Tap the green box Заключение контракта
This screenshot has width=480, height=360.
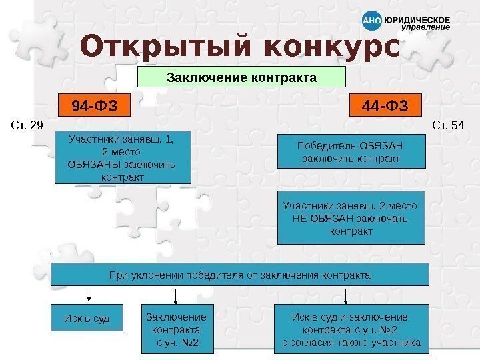pos(241,77)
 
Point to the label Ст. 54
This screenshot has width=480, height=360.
pos(448,125)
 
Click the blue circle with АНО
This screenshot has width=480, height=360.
pos(371,21)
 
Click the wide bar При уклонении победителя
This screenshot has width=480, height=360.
pos(240,274)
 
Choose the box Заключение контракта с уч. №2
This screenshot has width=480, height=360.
pos(176,328)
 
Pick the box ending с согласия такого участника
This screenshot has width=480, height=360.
pos(351,328)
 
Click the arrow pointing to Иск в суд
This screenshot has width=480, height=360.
pos(88,295)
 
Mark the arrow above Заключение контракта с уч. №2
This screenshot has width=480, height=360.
pos(175,295)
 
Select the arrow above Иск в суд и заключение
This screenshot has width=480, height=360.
pos(345,295)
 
